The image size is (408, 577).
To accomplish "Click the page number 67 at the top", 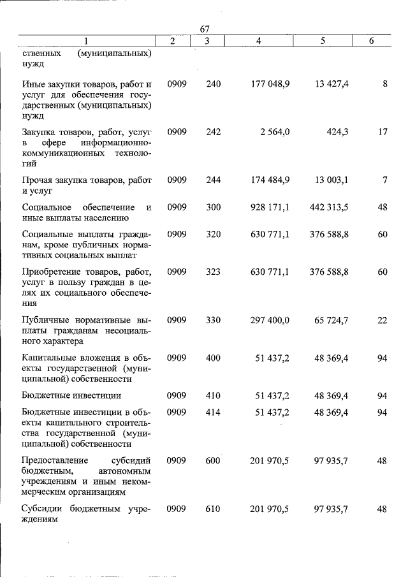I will (205, 29).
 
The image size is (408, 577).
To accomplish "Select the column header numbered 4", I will (258, 41).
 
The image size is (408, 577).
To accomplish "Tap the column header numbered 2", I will (173, 41).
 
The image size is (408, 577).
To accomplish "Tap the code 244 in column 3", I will (214, 180).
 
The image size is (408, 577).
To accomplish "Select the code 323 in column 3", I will (214, 272).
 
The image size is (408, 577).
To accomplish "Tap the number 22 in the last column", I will (382, 320).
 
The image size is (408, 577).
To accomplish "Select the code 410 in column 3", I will (214, 395).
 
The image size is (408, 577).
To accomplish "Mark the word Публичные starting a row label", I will (46, 320).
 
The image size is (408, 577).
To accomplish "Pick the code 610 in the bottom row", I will (214, 509).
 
